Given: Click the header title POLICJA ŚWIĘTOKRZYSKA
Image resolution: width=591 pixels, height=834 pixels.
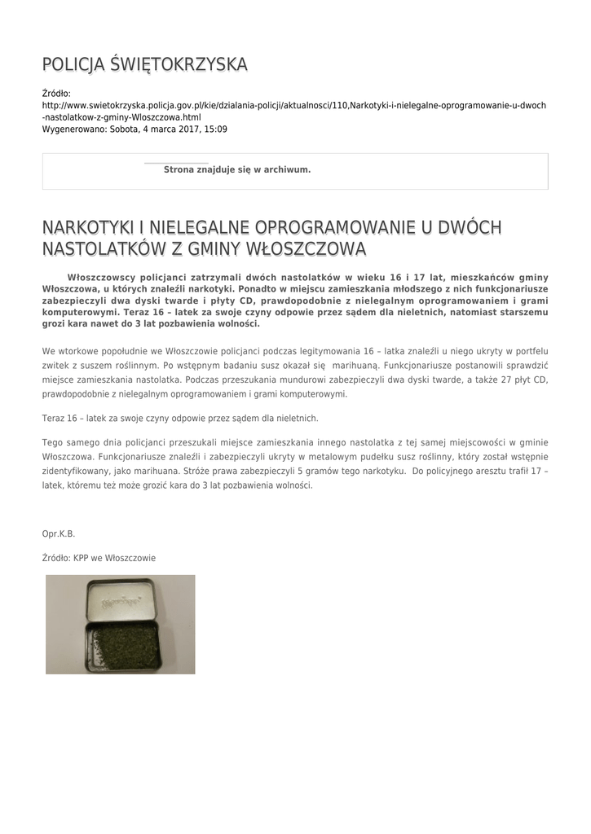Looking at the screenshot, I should pos(145,64).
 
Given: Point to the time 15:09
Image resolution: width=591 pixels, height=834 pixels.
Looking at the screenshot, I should pos(216,129).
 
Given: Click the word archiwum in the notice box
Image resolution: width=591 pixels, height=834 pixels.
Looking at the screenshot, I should pos(286,169).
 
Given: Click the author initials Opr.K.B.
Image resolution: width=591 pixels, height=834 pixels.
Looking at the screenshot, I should pos(59,533).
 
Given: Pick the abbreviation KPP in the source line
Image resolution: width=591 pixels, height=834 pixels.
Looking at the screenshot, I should pos(83,558).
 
